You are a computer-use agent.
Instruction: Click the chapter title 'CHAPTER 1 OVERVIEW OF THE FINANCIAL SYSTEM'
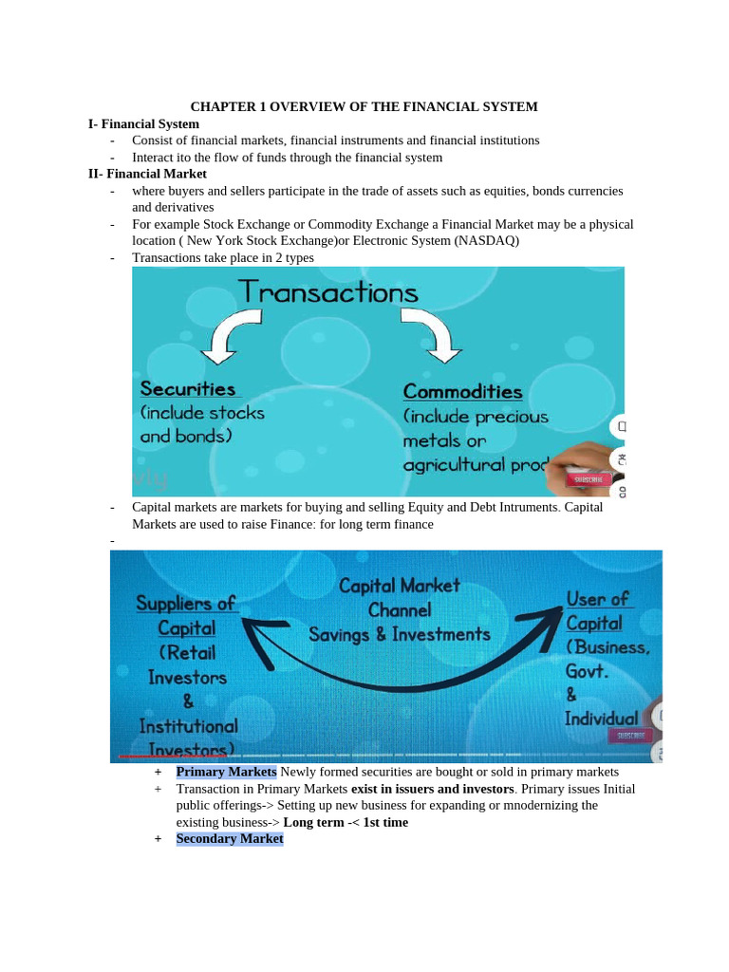(x=364, y=107)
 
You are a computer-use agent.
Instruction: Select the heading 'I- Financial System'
(x=143, y=123)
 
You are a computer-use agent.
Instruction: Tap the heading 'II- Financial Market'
(x=147, y=174)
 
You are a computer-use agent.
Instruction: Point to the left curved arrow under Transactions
(x=227, y=339)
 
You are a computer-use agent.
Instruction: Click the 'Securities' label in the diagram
(x=188, y=388)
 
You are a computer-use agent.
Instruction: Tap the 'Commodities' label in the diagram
(x=462, y=391)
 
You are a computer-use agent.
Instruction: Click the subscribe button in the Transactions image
(x=589, y=480)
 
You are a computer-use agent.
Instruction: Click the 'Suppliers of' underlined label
(x=186, y=604)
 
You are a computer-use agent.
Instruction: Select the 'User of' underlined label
(x=597, y=599)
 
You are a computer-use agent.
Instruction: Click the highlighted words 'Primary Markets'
(x=226, y=772)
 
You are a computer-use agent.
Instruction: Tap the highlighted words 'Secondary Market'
(x=230, y=838)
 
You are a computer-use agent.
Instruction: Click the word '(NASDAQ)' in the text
(x=487, y=241)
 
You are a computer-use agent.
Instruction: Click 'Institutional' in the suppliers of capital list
(x=188, y=726)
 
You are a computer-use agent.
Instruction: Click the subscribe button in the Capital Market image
(x=630, y=736)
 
